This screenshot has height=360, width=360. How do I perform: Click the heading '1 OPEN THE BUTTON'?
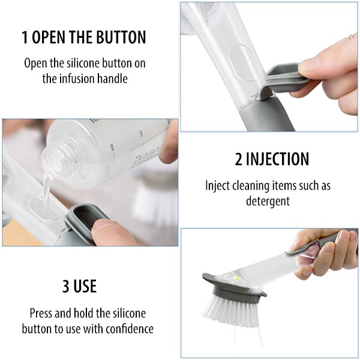(x=83, y=37)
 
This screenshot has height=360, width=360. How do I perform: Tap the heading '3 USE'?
(x=79, y=287)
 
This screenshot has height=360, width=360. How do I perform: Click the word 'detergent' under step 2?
(x=268, y=200)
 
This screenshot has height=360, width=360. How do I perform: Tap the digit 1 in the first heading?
(x=25, y=37)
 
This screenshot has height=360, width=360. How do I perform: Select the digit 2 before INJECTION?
(x=238, y=159)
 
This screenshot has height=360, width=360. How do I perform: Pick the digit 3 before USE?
(x=65, y=287)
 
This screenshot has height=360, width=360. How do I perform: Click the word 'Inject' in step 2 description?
(x=217, y=186)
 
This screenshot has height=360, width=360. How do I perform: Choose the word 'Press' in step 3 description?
(x=41, y=313)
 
